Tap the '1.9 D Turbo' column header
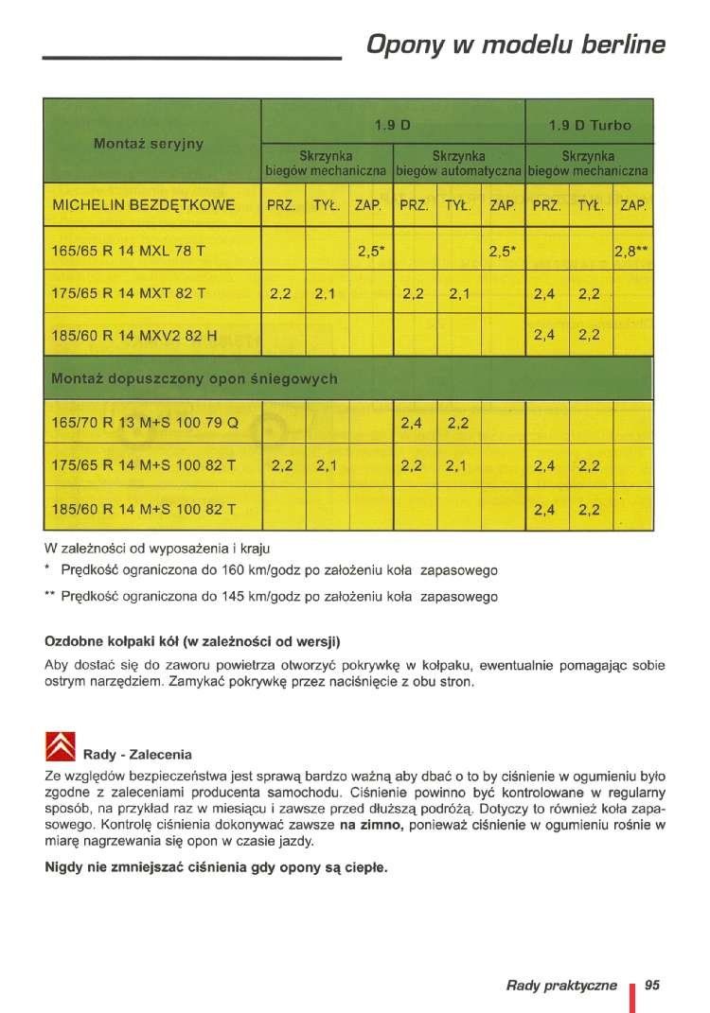coord(590,125)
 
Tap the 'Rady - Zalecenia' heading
coord(137,755)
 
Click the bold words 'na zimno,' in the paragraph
coord(372,826)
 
